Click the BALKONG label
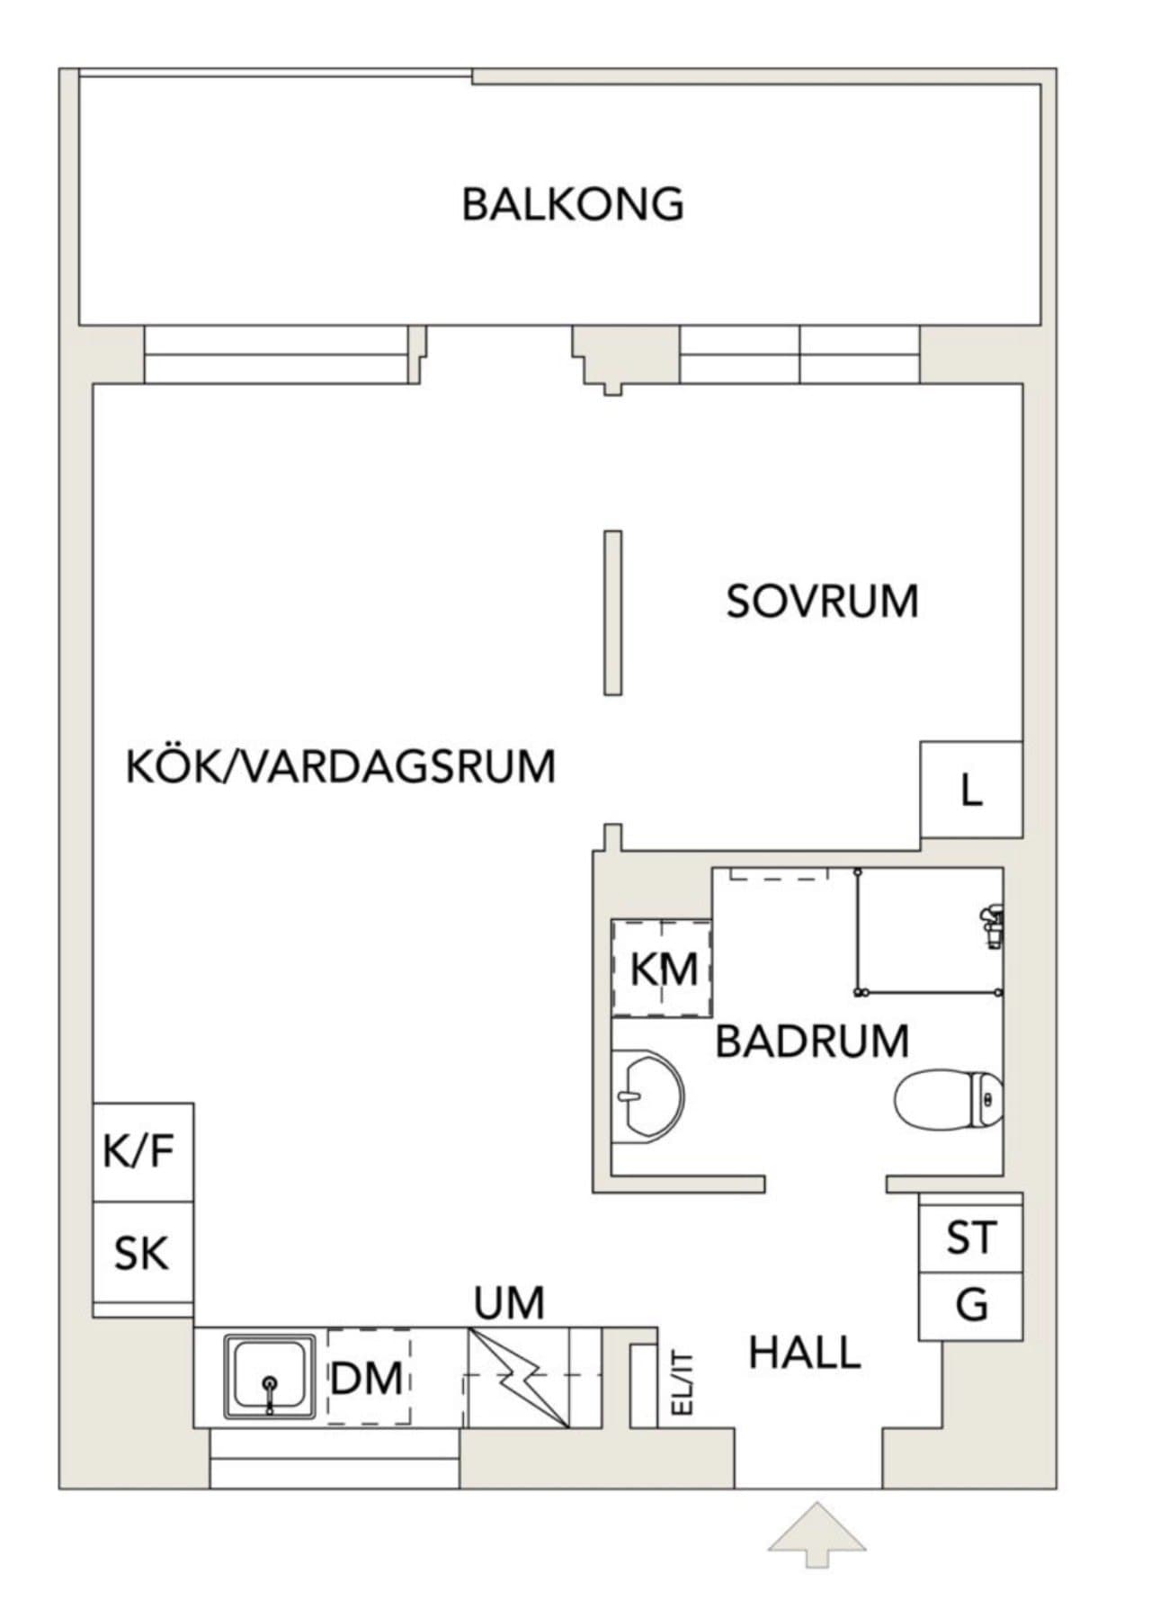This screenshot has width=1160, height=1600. click(573, 205)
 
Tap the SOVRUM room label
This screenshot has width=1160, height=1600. click(822, 602)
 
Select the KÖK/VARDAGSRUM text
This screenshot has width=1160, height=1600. click(341, 767)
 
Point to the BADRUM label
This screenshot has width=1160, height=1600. click(812, 1041)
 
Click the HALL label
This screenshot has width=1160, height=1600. click(805, 1353)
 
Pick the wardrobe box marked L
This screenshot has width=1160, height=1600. click(971, 791)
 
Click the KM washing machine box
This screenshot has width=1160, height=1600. click(663, 969)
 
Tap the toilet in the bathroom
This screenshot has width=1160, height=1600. click(949, 1099)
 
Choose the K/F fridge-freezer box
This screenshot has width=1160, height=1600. click(142, 1151)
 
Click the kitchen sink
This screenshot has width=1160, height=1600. click(270, 1376)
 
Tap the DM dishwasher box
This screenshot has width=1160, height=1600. click(367, 1378)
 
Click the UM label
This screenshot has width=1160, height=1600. click(509, 1303)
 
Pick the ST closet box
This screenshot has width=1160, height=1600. click(970, 1238)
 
